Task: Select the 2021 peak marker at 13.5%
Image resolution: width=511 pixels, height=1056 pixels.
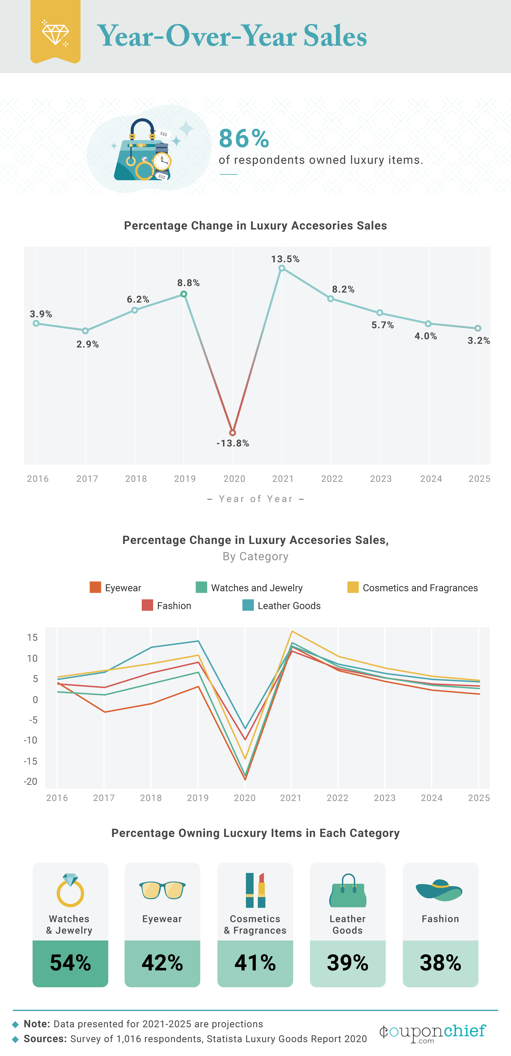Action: pos(281,268)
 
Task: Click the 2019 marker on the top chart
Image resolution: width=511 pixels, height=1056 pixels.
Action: pos(184,294)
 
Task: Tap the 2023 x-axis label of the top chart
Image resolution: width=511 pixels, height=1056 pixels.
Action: pos(381,479)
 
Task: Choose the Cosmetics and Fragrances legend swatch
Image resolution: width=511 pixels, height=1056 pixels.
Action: pos(353,587)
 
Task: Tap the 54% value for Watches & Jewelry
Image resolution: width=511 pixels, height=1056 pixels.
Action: pos(70,963)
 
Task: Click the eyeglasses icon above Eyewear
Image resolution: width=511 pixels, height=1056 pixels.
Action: pos(162,890)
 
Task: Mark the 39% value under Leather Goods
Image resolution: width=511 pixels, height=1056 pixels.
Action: pos(348,963)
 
